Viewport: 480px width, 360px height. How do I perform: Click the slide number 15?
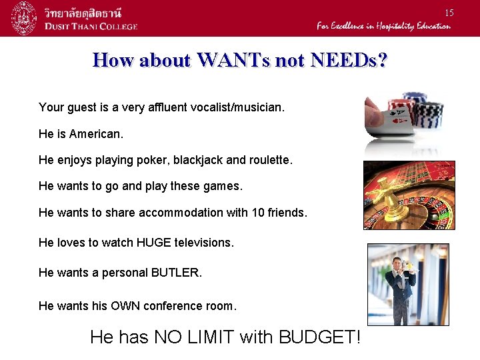449,13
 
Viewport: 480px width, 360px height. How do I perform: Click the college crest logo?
25,18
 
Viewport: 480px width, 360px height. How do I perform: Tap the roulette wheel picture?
409,195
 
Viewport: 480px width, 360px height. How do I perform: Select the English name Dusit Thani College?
91,26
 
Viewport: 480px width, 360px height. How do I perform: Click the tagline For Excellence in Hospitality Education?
383,26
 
